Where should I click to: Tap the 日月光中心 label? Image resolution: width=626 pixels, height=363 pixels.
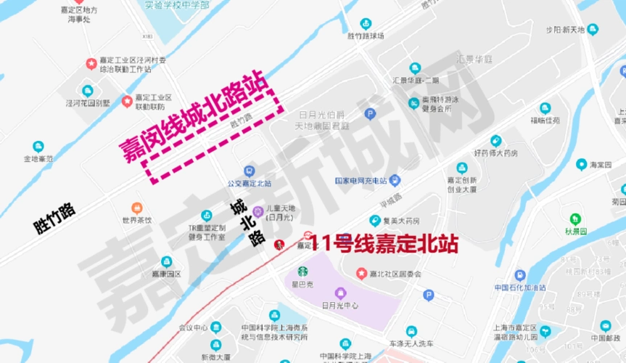click(x=339, y=306)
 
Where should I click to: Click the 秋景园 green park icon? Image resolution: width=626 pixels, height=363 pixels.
click(x=575, y=219)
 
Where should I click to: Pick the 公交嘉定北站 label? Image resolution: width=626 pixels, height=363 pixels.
click(x=248, y=184)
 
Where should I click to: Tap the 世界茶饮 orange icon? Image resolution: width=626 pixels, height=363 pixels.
click(x=136, y=208)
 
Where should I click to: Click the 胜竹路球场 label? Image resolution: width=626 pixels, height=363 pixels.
click(x=365, y=35)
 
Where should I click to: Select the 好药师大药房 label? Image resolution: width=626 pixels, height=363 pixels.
click(x=496, y=153)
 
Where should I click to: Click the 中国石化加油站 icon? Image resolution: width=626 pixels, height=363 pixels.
click(x=519, y=275)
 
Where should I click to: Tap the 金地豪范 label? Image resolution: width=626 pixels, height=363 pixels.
click(x=38, y=158)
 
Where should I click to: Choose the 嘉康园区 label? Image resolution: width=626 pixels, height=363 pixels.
click(x=166, y=274)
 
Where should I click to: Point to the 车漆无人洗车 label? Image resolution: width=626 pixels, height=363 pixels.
click(x=411, y=343)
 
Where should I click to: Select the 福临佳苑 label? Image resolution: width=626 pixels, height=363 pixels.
click(x=545, y=120)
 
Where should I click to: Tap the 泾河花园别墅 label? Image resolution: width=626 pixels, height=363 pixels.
click(x=87, y=103)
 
